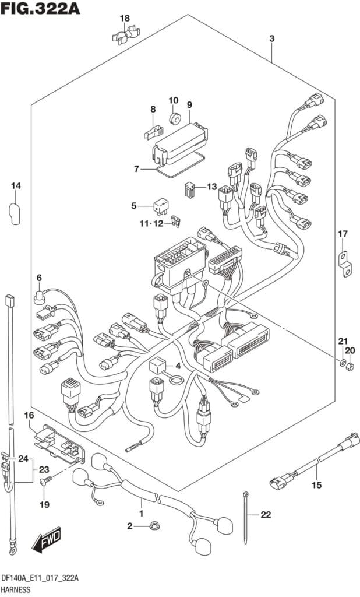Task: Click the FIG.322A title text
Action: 40,8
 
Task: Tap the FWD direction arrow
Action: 47,541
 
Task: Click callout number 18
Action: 125,18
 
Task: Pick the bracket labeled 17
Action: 345,264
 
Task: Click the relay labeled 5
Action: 161,206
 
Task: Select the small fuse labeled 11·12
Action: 177,221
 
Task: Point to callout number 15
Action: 317,484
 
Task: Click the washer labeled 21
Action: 342,361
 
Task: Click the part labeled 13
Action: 190,189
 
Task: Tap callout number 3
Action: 271,38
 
